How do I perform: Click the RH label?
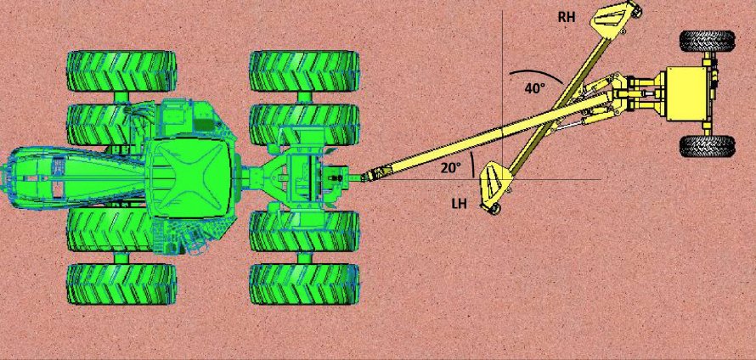pyautogui.click(x=567, y=17)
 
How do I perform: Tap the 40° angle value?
pyautogui.click(x=533, y=87)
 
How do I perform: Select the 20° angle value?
pyautogui.click(x=450, y=167)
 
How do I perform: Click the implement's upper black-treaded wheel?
pyautogui.click(x=707, y=41)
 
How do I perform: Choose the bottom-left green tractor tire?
pyautogui.click(x=121, y=284)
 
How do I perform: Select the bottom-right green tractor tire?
pyautogui.click(x=303, y=284)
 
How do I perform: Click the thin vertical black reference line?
pyautogui.click(x=502, y=51)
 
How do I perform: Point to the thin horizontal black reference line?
pyautogui.click(x=552, y=179)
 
